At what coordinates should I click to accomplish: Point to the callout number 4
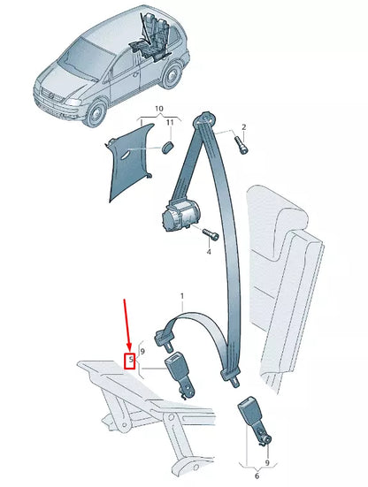coord(210,252)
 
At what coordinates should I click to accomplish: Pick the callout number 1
coord(182,296)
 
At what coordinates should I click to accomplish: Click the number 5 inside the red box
coord(130,360)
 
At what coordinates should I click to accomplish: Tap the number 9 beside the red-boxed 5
coord(142,353)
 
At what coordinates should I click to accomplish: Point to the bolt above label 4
coord(210,235)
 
